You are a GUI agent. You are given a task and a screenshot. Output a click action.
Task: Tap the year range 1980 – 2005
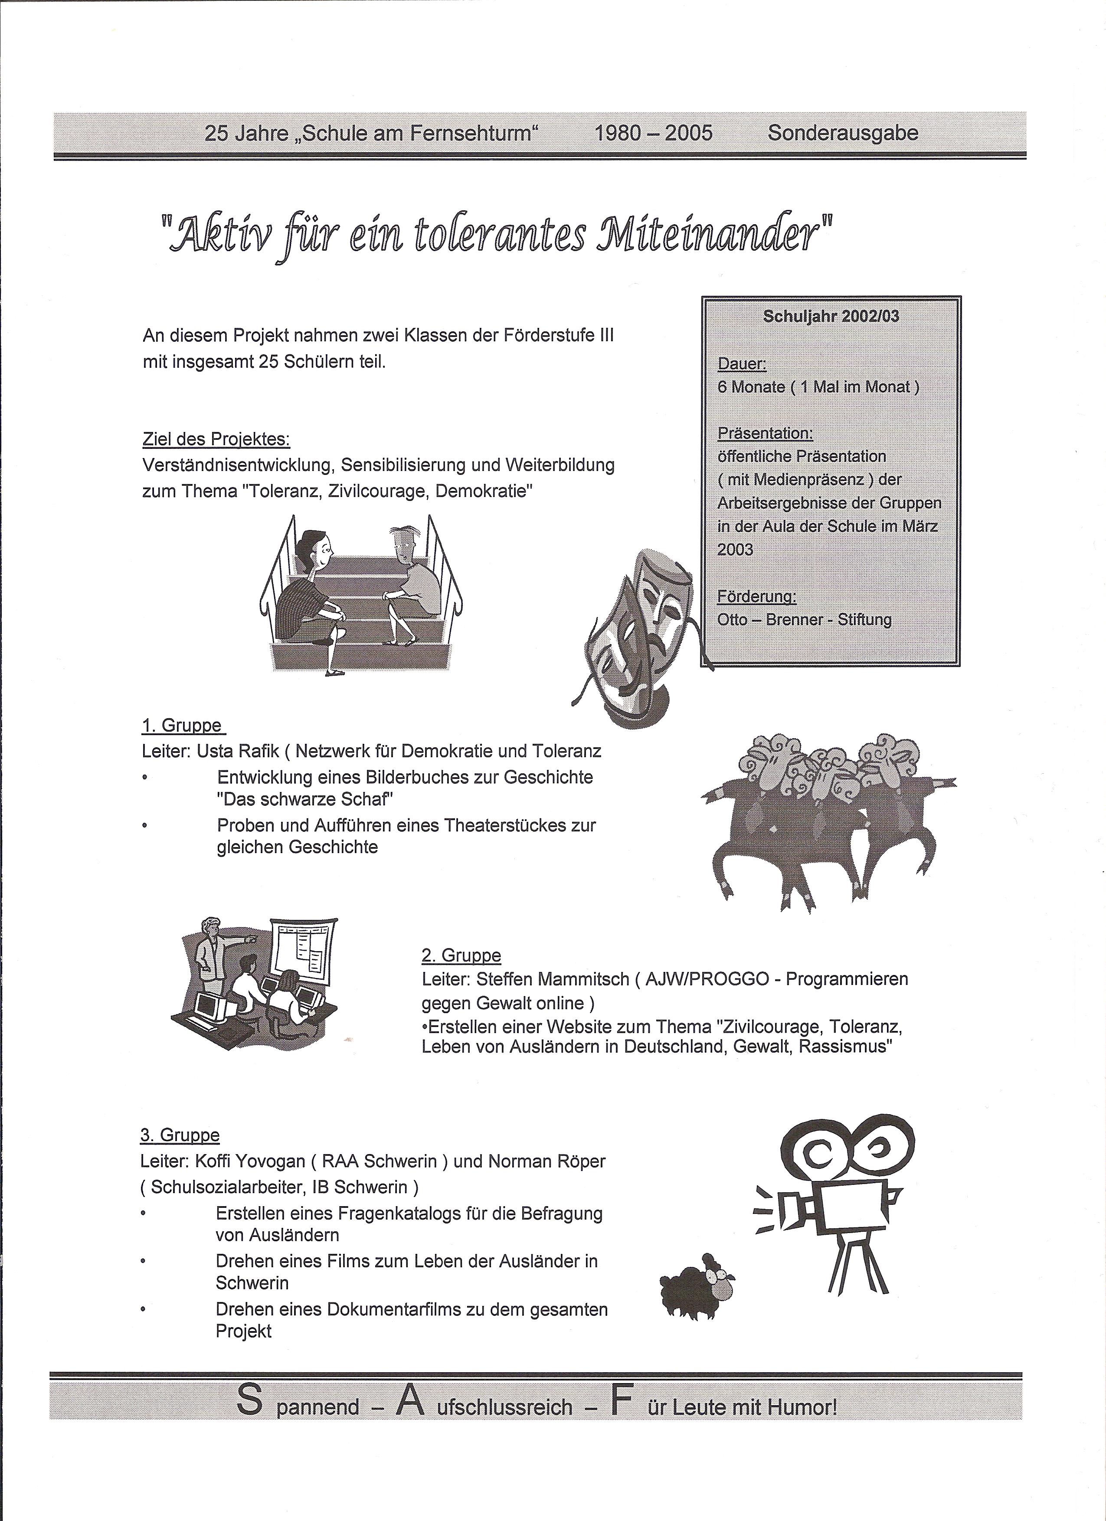[x=653, y=133]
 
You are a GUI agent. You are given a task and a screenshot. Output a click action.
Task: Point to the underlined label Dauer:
[x=742, y=364]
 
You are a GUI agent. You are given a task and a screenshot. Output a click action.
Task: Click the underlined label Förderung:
[x=756, y=596]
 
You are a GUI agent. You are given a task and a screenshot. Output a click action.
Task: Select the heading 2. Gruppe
[x=461, y=955]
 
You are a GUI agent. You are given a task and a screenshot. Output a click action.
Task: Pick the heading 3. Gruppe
[x=180, y=1135]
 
